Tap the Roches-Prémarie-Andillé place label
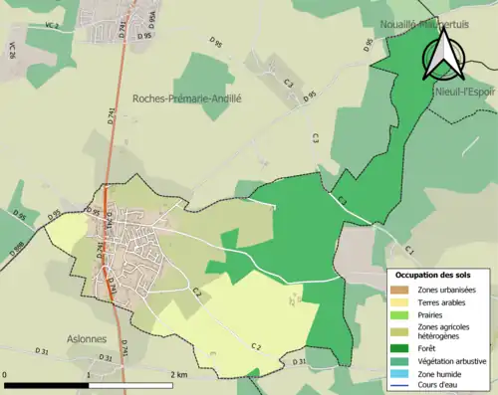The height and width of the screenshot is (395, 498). [x=187, y=99]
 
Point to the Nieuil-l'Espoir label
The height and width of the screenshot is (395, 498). [x=464, y=91]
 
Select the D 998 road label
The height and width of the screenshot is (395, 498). [x=19, y=245]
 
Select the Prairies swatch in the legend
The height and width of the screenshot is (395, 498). [x=399, y=315]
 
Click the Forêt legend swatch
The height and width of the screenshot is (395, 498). [x=399, y=348]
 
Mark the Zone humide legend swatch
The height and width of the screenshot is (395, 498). [x=399, y=373]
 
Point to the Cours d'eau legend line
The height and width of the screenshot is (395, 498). [x=399, y=386]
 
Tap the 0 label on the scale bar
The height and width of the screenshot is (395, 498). [x=7, y=374]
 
